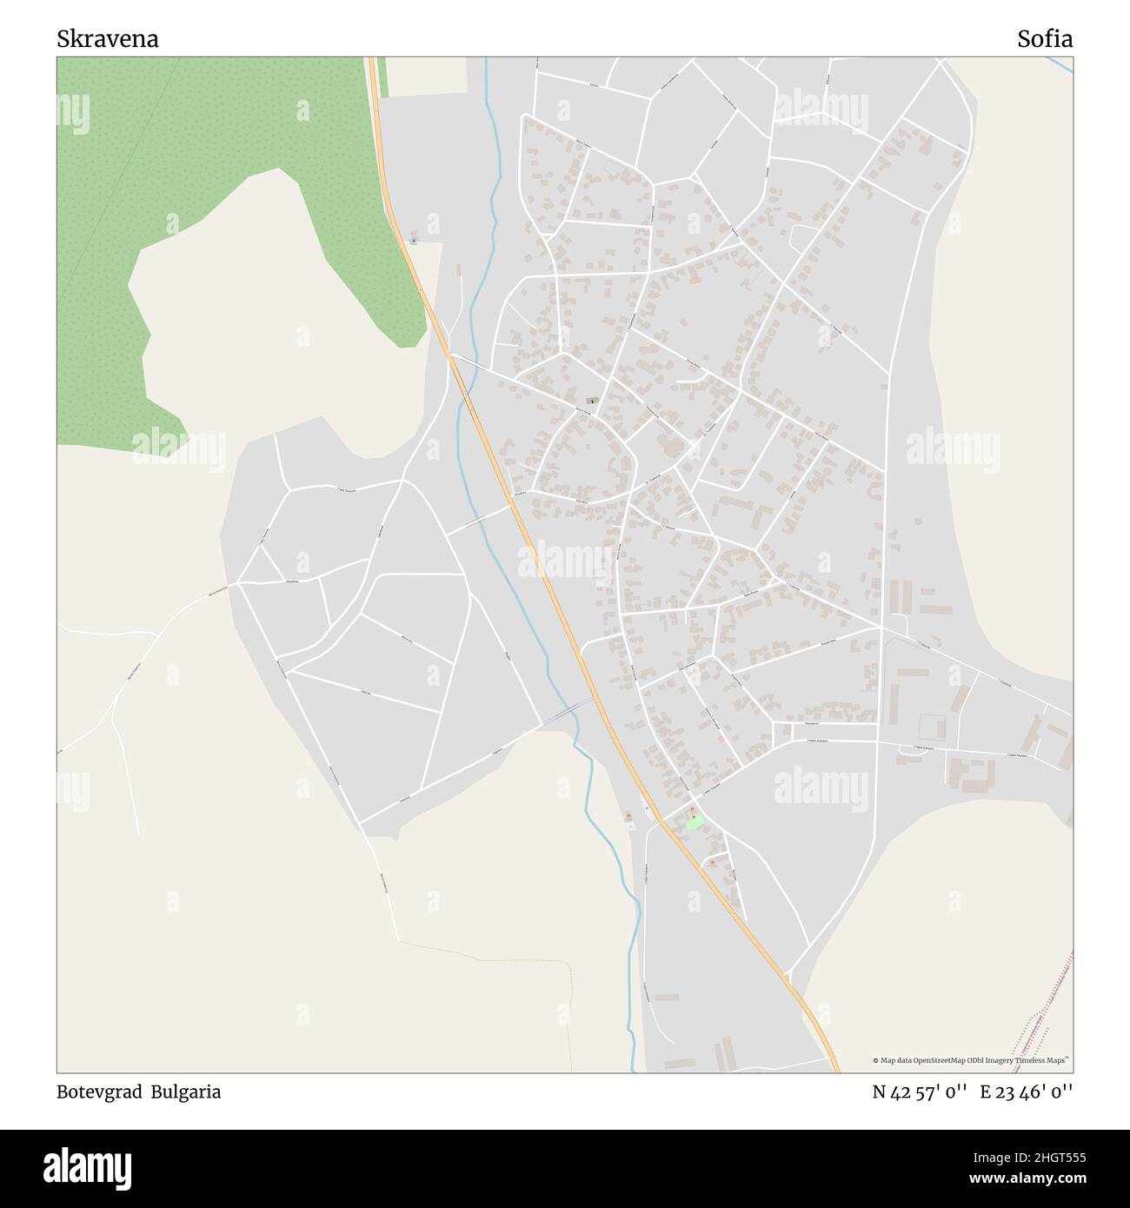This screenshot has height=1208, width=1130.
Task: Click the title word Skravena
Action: point(108,39)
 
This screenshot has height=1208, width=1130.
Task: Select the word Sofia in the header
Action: point(1045,39)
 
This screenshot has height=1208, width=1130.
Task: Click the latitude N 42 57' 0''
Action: point(921,1092)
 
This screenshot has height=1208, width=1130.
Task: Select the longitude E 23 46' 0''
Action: point(1026,1092)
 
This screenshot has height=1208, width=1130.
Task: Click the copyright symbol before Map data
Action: point(876,1060)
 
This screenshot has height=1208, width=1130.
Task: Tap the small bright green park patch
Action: point(694,822)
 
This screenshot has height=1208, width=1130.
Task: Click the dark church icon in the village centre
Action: point(593,401)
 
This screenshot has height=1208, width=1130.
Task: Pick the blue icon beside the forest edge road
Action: point(414,241)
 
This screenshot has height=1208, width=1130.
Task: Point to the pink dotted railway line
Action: point(1047,1008)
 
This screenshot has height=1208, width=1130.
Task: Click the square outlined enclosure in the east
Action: point(931,726)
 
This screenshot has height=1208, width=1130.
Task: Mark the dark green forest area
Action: point(217,130)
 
